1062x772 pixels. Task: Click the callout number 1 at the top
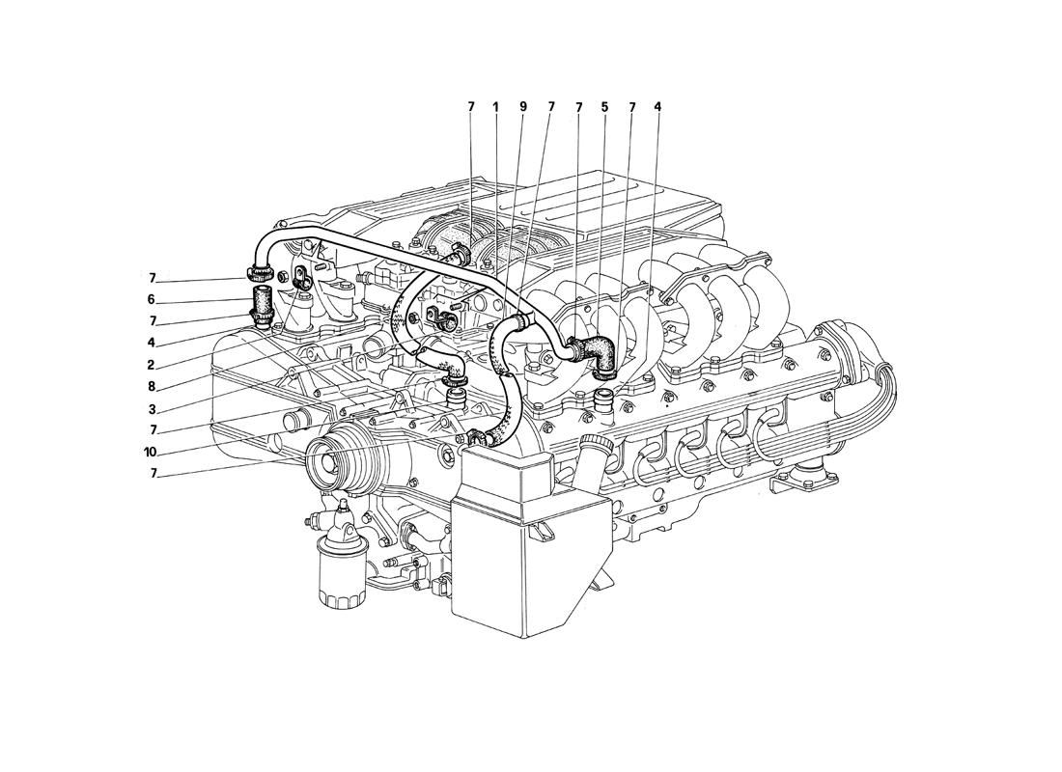[495, 107]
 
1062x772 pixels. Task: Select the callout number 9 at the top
[523, 107]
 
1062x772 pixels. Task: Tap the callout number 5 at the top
[604, 107]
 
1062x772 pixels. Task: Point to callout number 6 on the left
[152, 299]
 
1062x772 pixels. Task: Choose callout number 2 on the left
[152, 365]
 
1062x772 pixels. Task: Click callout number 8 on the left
[152, 387]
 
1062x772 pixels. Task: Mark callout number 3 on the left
[152, 409]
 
